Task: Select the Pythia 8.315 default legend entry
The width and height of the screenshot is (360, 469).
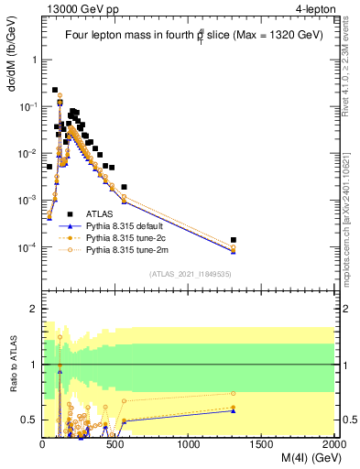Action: [120, 224]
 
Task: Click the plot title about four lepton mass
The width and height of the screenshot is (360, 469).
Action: [189, 35]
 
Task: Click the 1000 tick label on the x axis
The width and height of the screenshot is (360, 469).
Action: [189, 444]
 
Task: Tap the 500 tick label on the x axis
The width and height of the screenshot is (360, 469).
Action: [115, 444]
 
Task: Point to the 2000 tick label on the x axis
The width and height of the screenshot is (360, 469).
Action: [333, 444]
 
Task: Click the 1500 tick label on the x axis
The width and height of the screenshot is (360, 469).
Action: [262, 444]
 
